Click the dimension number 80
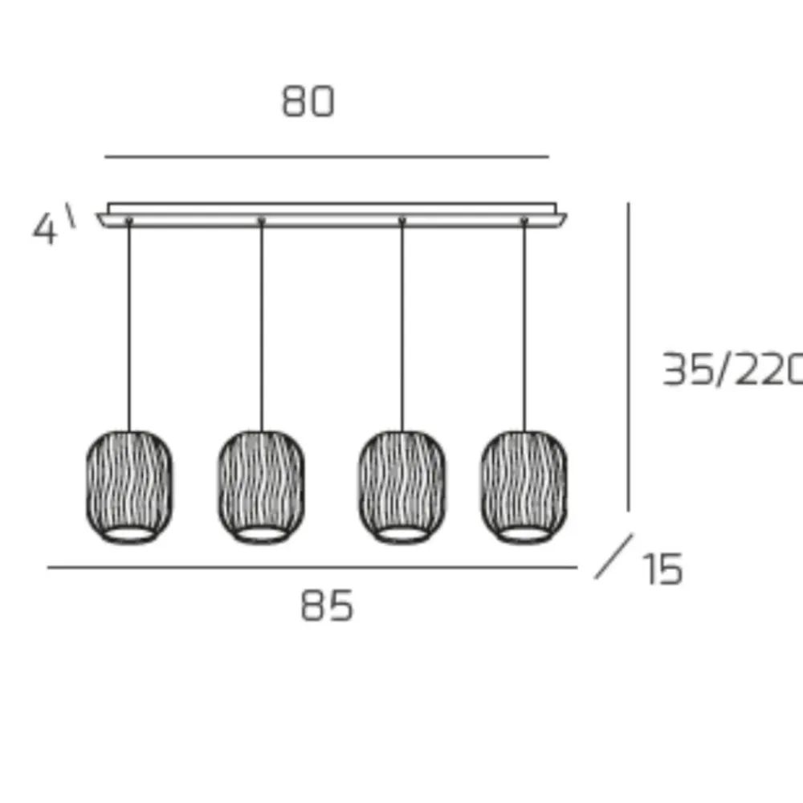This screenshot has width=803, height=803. pos(308,101)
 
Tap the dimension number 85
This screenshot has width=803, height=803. pos(327,605)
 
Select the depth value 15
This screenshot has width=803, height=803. pos(663,569)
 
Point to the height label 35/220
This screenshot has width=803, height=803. pos(732,369)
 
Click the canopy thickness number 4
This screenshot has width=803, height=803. pos(44,229)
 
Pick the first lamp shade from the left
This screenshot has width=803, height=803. pos(129,487)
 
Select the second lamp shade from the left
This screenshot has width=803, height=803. pos(262,487)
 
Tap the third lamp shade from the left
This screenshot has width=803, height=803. pos(402,487)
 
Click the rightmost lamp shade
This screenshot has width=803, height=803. pos(524,487)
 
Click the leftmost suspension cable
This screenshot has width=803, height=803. pos(129,326)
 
